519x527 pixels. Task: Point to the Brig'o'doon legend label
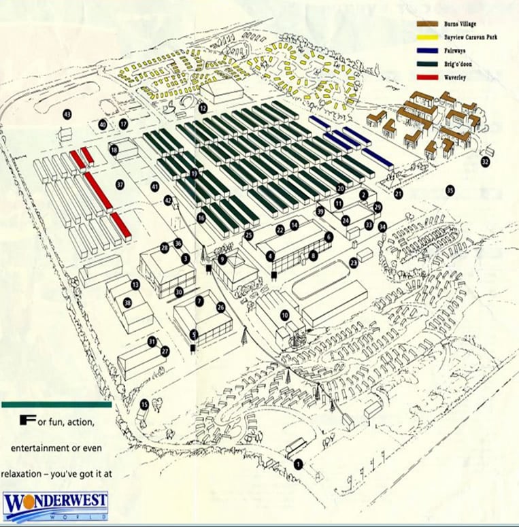pos(461,64)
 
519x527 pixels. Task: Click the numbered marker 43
pos(67,114)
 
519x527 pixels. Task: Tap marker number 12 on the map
pos(203,108)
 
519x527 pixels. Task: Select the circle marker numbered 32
pos(485,162)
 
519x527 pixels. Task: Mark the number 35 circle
pos(450,190)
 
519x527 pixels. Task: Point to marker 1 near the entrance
pos(298,464)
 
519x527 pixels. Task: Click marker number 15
pos(144,405)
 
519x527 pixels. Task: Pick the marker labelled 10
pos(285,315)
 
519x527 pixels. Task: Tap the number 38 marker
pos(127,303)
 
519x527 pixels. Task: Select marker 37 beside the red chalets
pos(120,184)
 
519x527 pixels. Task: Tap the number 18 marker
pos(114,150)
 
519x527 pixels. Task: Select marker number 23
pos(354,262)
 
